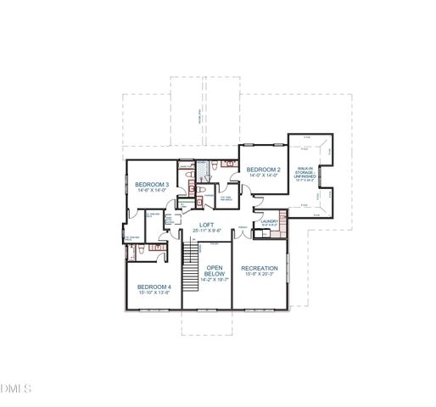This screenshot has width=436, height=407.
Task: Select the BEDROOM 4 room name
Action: (x=154, y=287)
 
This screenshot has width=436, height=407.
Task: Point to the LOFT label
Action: (x=206, y=224)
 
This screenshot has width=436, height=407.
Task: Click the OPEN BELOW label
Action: (x=215, y=271)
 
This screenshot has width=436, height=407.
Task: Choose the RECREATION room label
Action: (x=260, y=268)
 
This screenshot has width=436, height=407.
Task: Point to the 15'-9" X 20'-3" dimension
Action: (x=260, y=275)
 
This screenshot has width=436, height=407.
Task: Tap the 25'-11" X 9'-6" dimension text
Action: (x=206, y=231)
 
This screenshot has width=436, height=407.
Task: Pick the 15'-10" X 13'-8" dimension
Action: (x=154, y=293)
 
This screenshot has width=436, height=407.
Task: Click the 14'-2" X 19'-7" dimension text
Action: (x=215, y=279)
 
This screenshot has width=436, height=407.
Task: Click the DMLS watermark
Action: (x=16, y=388)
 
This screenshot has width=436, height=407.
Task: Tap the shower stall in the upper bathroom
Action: (x=203, y=170)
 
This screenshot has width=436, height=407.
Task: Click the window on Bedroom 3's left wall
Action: (x=126, y=186)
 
